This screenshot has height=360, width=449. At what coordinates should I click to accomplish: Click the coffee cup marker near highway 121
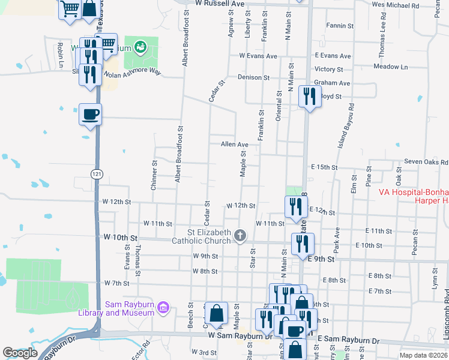90,113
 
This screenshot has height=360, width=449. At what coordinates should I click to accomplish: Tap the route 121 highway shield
96,173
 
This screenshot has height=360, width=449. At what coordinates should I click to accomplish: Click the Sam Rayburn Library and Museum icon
162,309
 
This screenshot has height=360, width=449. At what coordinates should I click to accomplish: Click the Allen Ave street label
234,145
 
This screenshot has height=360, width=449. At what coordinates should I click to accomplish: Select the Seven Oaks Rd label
426,162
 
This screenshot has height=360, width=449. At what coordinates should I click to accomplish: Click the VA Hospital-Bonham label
414,193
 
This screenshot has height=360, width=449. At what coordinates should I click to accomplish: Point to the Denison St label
253,77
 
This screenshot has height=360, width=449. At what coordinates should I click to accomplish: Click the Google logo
20,353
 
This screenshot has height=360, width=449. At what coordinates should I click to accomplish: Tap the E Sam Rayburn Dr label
349,341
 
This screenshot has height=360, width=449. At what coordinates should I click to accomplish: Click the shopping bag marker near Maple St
216,313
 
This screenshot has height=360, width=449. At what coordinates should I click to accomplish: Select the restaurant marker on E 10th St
302,244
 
